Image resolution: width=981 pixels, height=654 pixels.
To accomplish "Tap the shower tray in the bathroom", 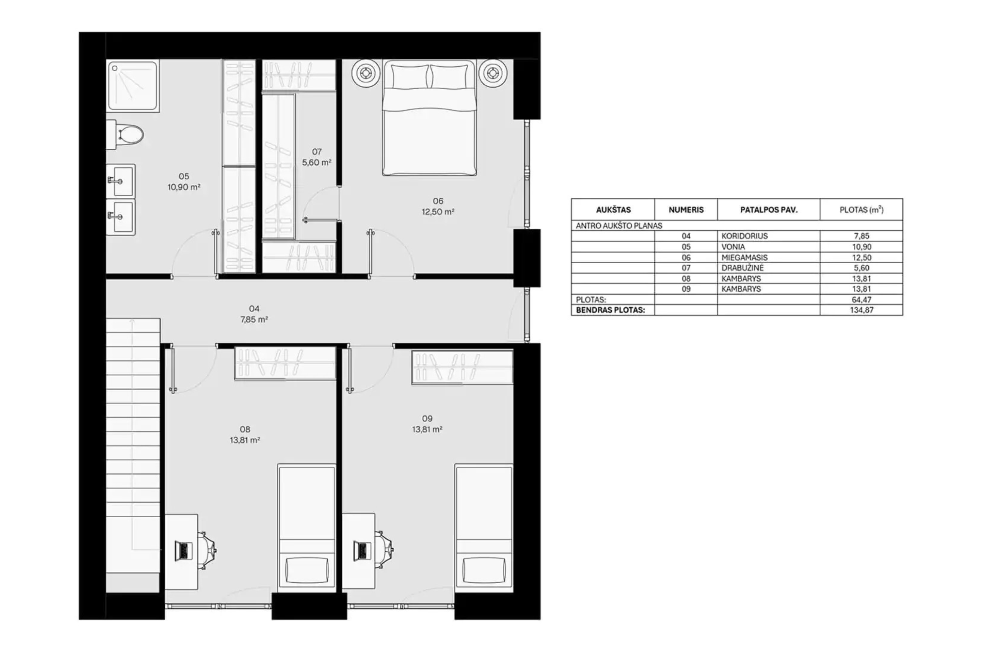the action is [x=133, y=86].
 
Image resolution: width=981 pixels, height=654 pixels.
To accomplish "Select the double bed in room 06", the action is [x=430, y=118].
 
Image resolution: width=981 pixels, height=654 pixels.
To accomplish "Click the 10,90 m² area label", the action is [x=184, y=187].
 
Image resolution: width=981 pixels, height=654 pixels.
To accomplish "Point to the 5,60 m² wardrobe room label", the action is [x=317, y=162].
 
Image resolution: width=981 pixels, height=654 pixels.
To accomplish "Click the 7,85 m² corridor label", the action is [x=254, y=320].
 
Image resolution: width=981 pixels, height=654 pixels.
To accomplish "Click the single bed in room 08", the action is [x=307, y=528].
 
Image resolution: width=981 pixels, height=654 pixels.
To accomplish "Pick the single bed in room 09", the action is [x=484, y=528].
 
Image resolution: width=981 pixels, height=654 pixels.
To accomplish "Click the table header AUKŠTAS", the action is [x=613, y=210].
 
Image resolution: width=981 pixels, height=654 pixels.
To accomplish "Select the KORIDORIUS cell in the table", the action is [x=745, y=236].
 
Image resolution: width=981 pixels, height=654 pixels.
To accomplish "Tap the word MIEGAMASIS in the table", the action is [x=745, y=257].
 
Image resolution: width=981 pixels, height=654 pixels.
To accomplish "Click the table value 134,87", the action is [x=862, y=310].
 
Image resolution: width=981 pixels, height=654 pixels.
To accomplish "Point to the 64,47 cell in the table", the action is [x=862, y=300].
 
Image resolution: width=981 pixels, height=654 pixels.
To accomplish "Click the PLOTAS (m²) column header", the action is [x=862, y=210].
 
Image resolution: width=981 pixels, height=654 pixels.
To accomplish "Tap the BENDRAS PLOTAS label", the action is [x=610, y=310].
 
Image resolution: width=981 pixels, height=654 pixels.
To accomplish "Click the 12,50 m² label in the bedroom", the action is [x=438, y=212].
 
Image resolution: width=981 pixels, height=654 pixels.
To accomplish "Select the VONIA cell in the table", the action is [x=733, y=247].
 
